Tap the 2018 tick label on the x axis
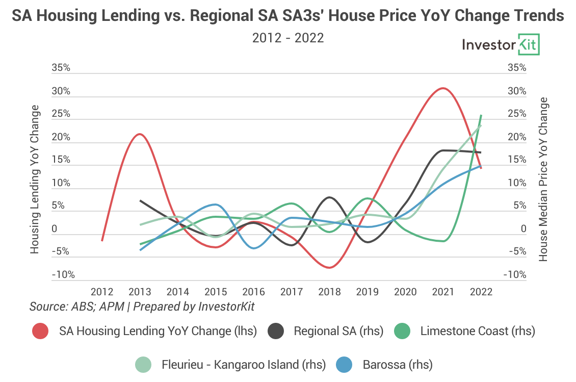pyautogui.click(x=329, y=292)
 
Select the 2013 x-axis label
pyautogui.click(x=140, y=292)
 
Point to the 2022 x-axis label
pyautogui.click(x=481, y=292)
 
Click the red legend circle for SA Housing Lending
pyautogui.click(x=40, y=331)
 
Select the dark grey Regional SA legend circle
pyautogui.click(x=276, y=331)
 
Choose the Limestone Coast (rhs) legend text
pyautogui.click(x=478, y=331)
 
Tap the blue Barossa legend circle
pyautogui.click(x=345, y=365)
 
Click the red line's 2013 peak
pyautogui.click(x=139, y=134)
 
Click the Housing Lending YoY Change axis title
pyautogui.click(x=35, y=180)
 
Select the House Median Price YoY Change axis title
pyautogui.click(x=543, y=180)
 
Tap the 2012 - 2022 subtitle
pyautogui.click(x=288, y=38)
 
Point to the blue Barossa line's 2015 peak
pyautogui.click(x=216, y=205)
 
